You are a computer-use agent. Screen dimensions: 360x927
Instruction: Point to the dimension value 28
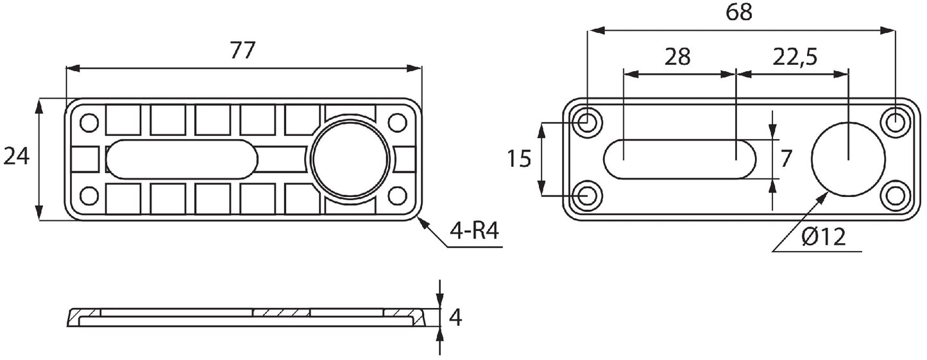click(x=677, y=57)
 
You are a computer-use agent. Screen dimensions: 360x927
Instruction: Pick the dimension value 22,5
click(x=794, y=57)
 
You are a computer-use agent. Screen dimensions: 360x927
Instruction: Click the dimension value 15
click(x=518, y=158)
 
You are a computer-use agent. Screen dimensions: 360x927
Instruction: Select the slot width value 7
click(x=787, y=158)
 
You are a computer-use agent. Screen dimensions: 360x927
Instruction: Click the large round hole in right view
click(x=847, y=159)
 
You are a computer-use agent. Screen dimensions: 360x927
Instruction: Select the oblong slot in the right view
click(x=681, y=159)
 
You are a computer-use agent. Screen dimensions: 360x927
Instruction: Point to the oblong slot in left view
click(x=182, y=159)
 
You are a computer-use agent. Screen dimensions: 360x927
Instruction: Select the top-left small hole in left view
click(x=89, y=122)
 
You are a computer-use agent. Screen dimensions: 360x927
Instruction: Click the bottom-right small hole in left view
click(x=398, y=195)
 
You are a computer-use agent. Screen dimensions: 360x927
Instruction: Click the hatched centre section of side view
click(x=282, y=313)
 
